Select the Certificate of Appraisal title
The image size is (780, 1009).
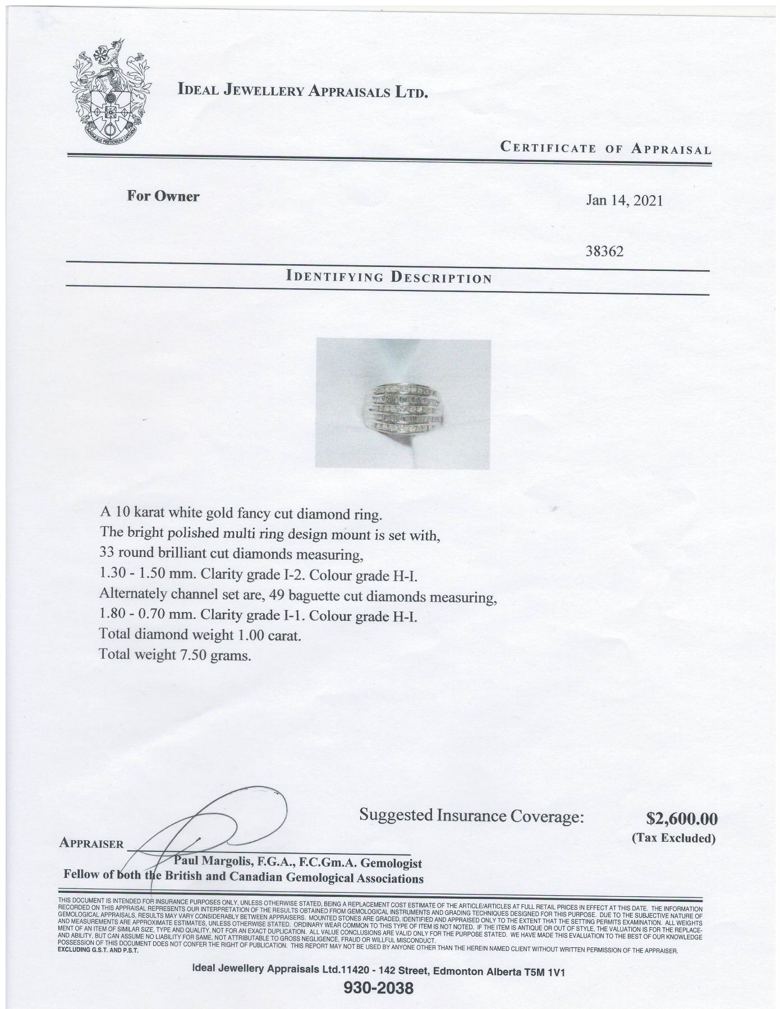(605, 149)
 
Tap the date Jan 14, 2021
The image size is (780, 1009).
(624, 200)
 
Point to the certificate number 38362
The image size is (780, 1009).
(604, 252)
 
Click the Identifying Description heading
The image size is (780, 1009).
(388, 277)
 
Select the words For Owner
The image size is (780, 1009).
(163, 196)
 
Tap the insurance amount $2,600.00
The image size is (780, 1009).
(681, 819)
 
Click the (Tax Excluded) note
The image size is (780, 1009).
(673, 838)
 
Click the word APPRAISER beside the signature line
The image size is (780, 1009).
(90, 844)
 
